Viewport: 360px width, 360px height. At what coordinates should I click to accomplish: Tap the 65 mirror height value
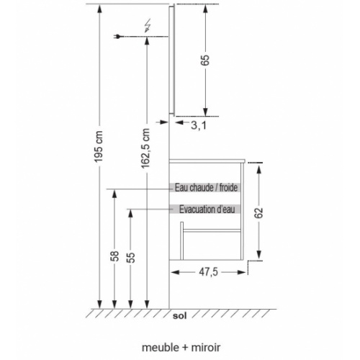pos(204,60)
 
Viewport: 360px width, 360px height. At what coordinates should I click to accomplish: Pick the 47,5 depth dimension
pos(209,272)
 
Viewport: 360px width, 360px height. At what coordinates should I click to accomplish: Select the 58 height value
pos(114,257)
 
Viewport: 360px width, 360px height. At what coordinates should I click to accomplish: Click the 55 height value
pos(131,257)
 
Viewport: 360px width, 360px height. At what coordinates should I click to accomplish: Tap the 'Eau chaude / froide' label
pos(206,187)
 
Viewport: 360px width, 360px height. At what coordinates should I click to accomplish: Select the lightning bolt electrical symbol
pos(148,27)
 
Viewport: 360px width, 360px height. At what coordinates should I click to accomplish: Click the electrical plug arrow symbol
pos(120,36)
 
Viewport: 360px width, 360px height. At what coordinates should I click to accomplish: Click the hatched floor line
pos(180,310)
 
